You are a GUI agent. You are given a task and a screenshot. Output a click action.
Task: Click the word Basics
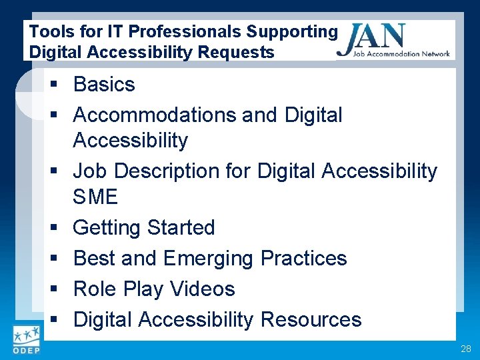pyautogui.click(x=104, y=85)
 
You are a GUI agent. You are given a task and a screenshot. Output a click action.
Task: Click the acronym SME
pyautogui.click(x=95, y=197)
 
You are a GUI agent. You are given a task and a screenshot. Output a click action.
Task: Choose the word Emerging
pyautogui.click(x=208, y=259)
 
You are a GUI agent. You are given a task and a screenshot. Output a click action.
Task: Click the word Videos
pyautogui.click(x=203, y=289)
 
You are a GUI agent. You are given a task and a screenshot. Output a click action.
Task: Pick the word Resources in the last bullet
pyautogui.click(x=311, y=320)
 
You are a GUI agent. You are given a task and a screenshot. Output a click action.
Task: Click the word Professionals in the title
pyautogui.click(x=184, y=31)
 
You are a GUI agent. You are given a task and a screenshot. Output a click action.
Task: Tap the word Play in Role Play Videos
pyautogui.click(x=143, y=289)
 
